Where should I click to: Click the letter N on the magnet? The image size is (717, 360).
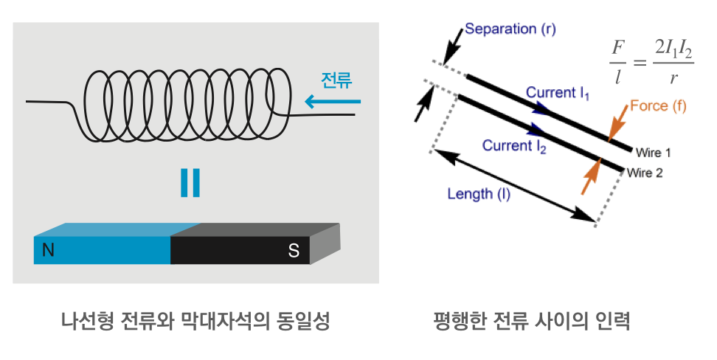pyautogui.click(x=48, y=250)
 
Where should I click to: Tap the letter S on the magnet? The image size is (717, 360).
pyautogui.click(x=294, y=251)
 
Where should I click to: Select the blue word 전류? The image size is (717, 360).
pyautogui.click(x=336, y=79)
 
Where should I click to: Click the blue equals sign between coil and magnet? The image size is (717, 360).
pyautogui.click(x=190, y=183)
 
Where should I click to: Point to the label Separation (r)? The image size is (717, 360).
pyautogui.click(x=510, y=30)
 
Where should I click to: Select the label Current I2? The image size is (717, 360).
pyautogui.click(x=514, y=146)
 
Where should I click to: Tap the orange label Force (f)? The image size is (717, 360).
pyautogui.click(x=658, y=106)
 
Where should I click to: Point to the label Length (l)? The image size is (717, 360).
pyautogui.click(x=479, y=194)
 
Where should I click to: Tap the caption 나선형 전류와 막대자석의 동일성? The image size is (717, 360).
pyautogui.click(x=195, y=322)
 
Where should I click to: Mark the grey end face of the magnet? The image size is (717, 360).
pyautogui.click(x=325, y=243)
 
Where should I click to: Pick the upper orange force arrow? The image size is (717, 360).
pyautogui.click(x=617, y=122)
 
